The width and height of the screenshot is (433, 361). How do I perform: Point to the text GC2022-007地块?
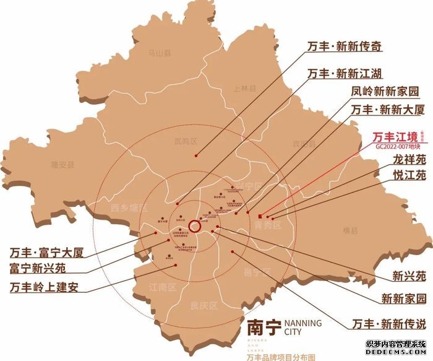[x=397, y=149]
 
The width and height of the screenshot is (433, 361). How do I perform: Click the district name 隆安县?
[x=62, y=165]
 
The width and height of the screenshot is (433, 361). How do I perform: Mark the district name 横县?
[x=350, y=230]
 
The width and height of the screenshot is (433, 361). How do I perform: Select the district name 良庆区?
[x=201, y=305]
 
